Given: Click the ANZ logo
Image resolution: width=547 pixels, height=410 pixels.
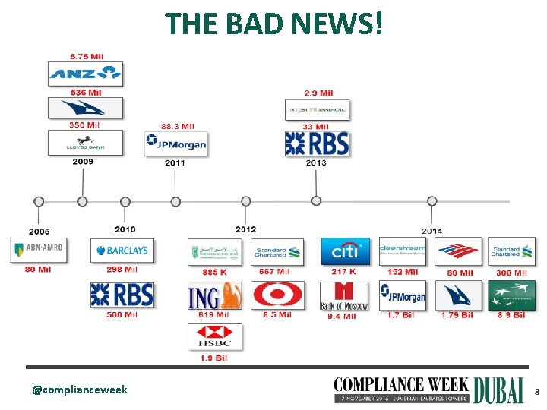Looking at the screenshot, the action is coord(85,73).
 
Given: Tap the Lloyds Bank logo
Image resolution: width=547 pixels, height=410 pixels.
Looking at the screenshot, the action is coord(84,142).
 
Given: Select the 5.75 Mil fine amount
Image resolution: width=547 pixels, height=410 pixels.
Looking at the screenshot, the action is coord(87,56).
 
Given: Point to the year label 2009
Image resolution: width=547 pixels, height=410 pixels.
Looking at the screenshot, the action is coord(84,162).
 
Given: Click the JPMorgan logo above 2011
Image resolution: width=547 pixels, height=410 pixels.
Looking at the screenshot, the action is coord(175,143).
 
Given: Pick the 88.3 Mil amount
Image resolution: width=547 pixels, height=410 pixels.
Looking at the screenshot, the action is coord(178,126).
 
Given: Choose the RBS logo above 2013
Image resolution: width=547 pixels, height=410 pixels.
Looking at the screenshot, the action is coord(316,143).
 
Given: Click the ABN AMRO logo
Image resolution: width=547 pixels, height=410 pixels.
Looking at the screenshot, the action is coord(38,249).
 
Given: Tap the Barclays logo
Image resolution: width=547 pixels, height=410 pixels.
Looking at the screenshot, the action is coord(122,251).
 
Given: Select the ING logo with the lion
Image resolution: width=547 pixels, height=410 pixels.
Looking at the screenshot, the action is coord(215,295).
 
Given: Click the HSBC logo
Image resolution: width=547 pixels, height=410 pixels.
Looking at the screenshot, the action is coord(215,336).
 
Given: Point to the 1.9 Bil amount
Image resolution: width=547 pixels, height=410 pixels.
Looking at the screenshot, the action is coord(215,357).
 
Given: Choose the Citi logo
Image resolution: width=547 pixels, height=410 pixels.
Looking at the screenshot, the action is coord(344,251).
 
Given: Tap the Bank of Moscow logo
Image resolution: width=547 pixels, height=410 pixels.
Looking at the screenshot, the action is coord(343,295).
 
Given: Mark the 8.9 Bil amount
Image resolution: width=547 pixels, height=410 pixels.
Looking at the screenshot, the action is coord(511,315).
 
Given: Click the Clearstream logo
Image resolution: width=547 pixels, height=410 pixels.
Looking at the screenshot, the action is coord(402,251).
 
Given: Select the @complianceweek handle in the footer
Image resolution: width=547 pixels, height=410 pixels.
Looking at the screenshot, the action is coord(80,390).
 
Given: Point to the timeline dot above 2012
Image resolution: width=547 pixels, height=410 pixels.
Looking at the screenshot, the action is coord(245,201).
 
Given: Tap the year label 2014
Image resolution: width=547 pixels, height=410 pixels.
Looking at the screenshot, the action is coord(432,231).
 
